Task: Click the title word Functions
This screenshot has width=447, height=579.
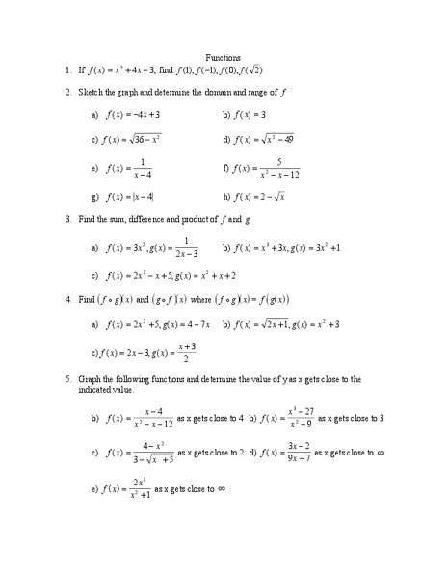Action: (x=223, y=57)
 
